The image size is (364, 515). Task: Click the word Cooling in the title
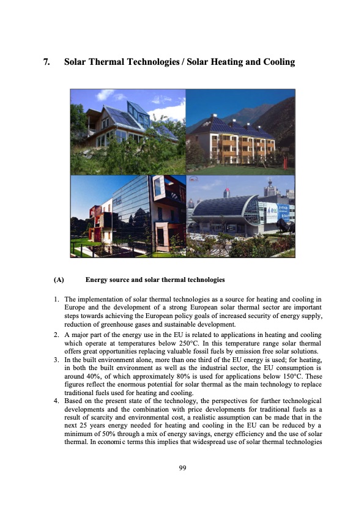(x=274, y=62)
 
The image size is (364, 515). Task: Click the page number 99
(x=182, y=469)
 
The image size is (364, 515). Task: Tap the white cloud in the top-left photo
(x=105, y=95)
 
